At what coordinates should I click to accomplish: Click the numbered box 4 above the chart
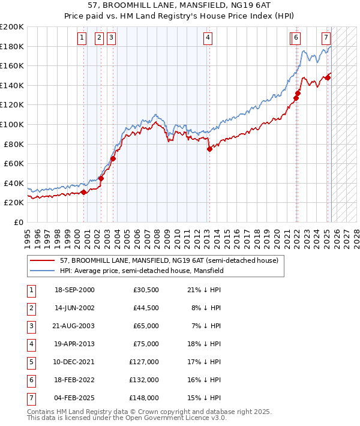click(x=208, y=38)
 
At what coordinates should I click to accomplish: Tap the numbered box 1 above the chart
click(x=82, y=38)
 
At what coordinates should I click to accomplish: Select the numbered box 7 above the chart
click(x=326, y=38)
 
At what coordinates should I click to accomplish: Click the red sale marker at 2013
click(x=209, y=149)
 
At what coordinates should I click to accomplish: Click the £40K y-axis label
click(x=14, y=183)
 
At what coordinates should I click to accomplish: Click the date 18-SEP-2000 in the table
click(x=74, y=290)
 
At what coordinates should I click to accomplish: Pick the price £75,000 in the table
click(x=146, y=344)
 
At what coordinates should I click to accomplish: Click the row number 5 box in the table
click(x=31, y=362)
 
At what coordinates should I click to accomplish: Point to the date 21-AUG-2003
click(x=74, y=326)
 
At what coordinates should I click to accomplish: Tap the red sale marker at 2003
click(x=113, y=158)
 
